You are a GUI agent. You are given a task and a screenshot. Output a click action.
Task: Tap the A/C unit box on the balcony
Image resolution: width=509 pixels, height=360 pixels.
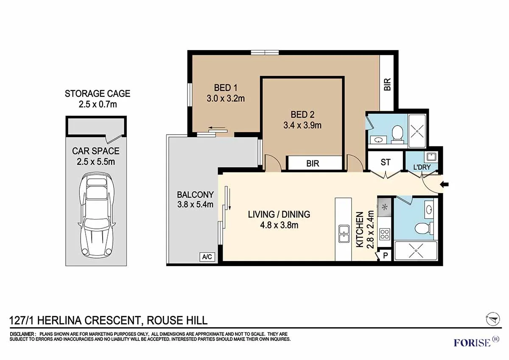(x=207, y=257)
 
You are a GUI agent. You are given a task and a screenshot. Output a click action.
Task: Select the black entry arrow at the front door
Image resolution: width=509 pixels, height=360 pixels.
(x=445, y=184)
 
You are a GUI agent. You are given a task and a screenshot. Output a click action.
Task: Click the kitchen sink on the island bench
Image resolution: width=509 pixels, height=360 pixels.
(x=344, y=234)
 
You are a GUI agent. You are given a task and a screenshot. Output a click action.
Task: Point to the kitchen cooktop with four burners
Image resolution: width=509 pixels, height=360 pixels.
(x=384, y=234)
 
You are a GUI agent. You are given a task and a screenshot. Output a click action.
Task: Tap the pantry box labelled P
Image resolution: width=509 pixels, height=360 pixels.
(x=386, y=256)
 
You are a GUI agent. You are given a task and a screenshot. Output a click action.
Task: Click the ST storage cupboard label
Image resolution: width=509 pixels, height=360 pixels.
(x=385, y=162)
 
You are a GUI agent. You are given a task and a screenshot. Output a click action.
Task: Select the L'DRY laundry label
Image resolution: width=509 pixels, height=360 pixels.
(x=422, y=167)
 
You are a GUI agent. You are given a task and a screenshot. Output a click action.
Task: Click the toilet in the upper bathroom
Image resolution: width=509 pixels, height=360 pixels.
(x=397, y=133)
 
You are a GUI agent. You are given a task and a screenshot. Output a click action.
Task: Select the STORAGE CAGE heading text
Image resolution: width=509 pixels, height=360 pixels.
(x=98, y=93)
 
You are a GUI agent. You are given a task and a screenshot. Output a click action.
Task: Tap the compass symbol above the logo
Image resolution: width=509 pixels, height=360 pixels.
(x=492, y=318)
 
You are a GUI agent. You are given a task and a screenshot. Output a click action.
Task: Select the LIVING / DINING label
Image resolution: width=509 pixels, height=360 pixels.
(x=279, y=214)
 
